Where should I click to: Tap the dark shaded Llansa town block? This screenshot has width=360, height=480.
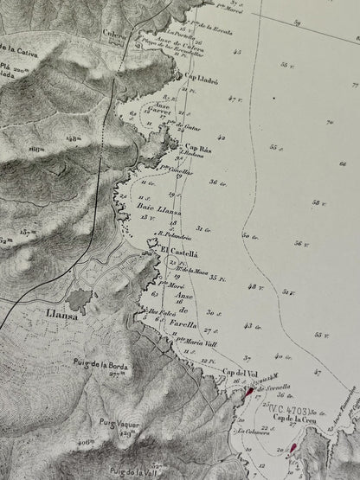tap(80, 300)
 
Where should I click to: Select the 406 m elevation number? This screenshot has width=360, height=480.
tap(86, 441)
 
